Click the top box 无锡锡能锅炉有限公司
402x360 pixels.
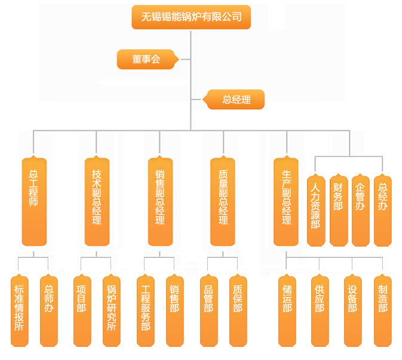coord(191,17)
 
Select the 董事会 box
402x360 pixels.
coord(147,59)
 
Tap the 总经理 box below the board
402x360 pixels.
coord(236,100)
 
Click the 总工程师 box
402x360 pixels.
coord(34,201)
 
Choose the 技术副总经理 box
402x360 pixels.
coord(97,201)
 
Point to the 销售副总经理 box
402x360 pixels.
coord(160,201)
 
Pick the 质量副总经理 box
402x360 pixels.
coord(223,201)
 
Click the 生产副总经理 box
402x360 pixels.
coord(286,201)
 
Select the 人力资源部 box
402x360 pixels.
coord(316,210)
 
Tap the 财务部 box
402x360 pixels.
coord(338,210)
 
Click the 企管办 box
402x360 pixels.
coord(360,210)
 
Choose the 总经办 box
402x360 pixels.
coord(383,210)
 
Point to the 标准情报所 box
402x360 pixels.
coord(19,310)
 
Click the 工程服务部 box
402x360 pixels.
coord(146,310)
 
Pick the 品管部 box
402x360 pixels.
coord(208,310)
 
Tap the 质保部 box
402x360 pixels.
coord(238,310)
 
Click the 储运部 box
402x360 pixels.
coord(287,310)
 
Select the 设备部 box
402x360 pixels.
coord(352,310)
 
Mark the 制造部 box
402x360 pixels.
coord(383,310)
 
